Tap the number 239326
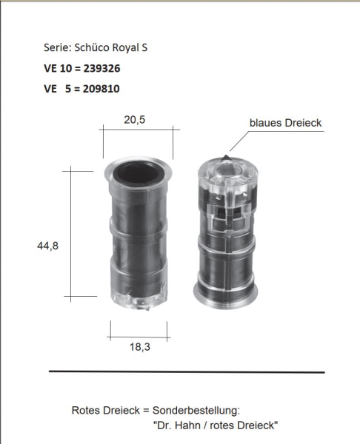click(99, 68)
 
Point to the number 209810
click(99, 89)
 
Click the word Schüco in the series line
click(92, 47)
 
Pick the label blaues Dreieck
click(285, 123)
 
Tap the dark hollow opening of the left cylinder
click(139, 172)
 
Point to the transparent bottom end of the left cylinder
click(140, 297)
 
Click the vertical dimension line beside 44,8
click(71, 233)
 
